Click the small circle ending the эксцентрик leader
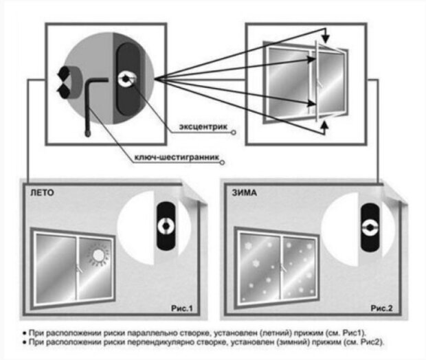pos(233,131)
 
